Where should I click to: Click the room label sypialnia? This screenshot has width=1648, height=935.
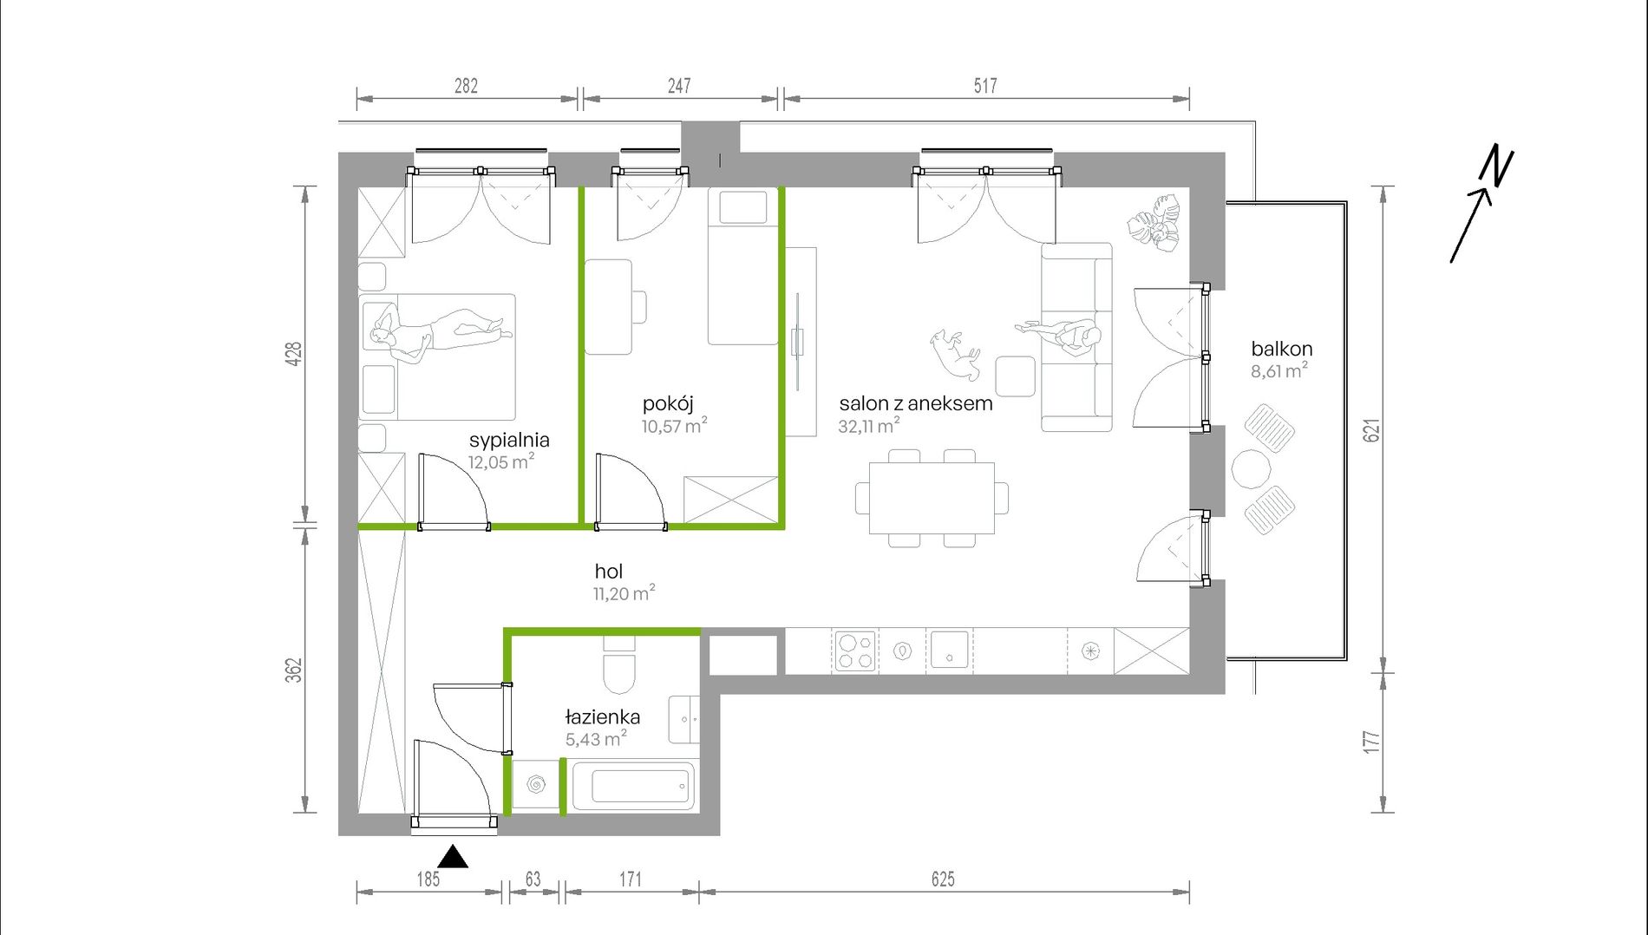[509, 441]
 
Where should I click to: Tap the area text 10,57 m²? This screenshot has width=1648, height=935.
[674, 426]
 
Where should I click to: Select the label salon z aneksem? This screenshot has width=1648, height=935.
[916, 403]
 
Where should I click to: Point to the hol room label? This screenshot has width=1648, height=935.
[609, 572]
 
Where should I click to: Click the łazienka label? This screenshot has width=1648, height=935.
[603, 717]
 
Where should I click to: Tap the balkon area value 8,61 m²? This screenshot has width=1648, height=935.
[1279, 371]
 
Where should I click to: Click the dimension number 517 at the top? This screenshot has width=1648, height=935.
[985, 86]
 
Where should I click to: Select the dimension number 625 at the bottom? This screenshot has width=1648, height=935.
[943, 879]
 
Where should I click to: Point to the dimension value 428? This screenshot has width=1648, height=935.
[294, 354]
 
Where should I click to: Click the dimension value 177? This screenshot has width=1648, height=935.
[1371, 742]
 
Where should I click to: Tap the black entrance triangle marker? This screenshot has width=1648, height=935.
[453, 857]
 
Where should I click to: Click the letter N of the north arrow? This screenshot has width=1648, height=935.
[1497, 167]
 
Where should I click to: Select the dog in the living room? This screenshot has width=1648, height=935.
[956, 353]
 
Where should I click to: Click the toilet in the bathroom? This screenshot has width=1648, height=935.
[619, 665]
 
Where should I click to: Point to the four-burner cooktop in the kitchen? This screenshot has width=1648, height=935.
[854, 651]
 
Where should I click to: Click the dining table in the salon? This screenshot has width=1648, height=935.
[932, 498]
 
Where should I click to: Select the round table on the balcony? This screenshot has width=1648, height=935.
[1252, 468]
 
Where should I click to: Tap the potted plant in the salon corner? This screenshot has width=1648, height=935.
[1155, 223]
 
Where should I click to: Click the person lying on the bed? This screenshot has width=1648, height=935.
[441, 334]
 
